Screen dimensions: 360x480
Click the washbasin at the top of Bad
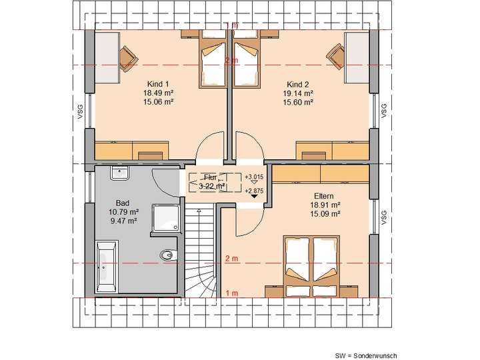[x=121, y=174]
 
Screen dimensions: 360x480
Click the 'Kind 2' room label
[x=298, y=84]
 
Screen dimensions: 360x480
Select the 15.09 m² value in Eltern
[x=325, y=215]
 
